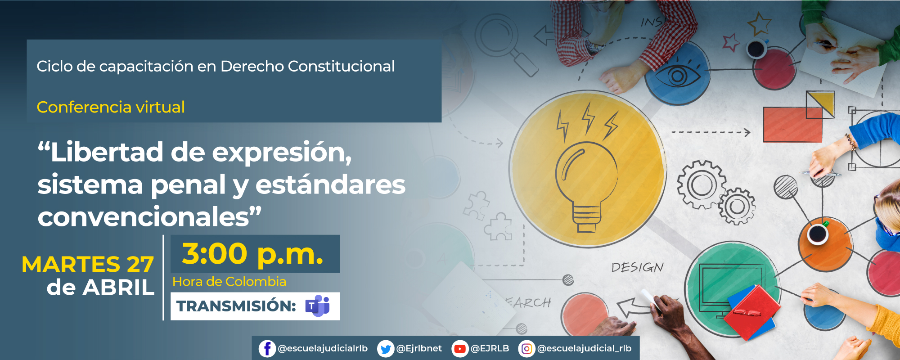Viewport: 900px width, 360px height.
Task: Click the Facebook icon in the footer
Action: point(267,349)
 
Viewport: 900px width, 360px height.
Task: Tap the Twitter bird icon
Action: point(386,349)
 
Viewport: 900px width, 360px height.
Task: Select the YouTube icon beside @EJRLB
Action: point(459,349)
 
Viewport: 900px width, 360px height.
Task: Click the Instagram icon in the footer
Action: point(526,349)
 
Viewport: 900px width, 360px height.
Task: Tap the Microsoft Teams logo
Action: point(318,306)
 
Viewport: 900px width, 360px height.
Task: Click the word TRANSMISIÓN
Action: point(236,306)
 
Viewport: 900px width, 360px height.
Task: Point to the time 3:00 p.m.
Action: point(252,254)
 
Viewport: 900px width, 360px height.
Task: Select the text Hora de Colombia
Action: point(229,282)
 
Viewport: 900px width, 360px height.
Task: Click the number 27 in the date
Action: point(140,264)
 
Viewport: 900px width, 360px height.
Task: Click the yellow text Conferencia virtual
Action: point(111,107)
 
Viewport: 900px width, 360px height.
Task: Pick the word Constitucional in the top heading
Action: point(341,66)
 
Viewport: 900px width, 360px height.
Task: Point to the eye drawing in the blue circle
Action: point(677,76)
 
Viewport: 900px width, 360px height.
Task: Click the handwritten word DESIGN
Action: point(637,267)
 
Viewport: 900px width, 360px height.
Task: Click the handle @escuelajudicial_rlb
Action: point(584,349)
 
